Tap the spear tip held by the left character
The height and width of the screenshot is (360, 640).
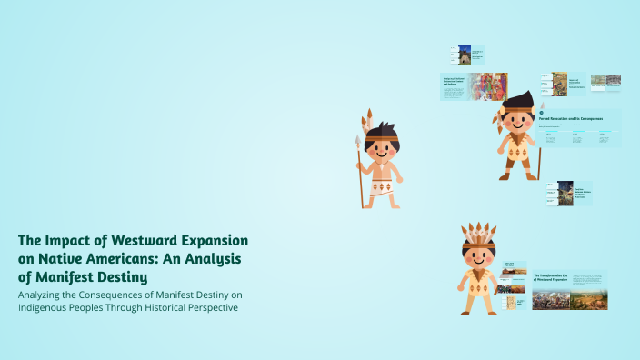(x=357, y=144)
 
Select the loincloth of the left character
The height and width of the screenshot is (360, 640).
(x=382, y=189)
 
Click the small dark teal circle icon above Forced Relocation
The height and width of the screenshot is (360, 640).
(x=542, y=113)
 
